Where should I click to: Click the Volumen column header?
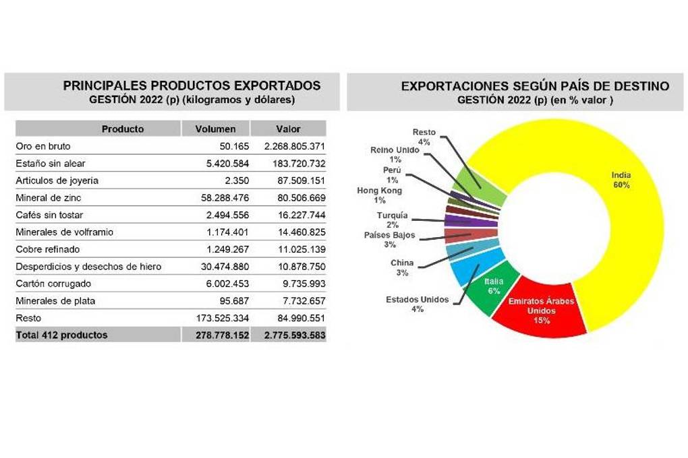[215, 129]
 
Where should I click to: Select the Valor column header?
[288, 129]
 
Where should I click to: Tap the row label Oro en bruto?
[43, 146]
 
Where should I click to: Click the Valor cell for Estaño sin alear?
[295, 164]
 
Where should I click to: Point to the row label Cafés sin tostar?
[50, 215]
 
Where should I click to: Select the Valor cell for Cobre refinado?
[297, 249]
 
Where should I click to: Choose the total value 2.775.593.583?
[291, 335]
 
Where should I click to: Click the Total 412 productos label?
[61, 335]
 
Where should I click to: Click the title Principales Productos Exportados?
[192, 86]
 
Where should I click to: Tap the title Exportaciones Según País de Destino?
[535, 86]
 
